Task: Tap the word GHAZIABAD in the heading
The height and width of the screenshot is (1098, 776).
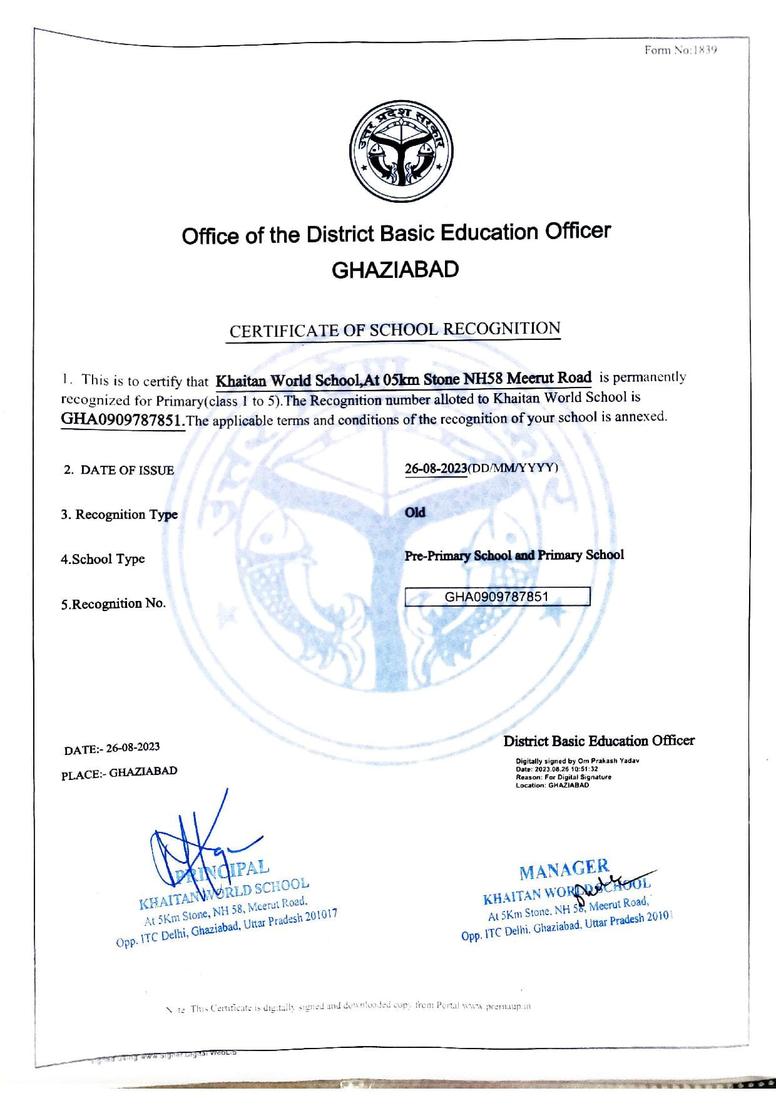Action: coord(395,270)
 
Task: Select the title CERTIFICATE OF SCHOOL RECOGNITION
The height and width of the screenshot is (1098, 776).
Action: coord(394,330)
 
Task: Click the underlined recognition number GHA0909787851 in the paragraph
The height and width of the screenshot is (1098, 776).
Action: coord(123,419)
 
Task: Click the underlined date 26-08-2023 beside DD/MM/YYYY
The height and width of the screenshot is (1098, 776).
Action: coord(436,468)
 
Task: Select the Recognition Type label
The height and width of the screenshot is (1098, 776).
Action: coord(120,515)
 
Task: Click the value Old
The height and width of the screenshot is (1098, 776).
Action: coord(415,513)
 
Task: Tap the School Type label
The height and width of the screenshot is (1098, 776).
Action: coord(103,559)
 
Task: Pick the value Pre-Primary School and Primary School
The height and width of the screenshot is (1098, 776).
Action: coord(514,555)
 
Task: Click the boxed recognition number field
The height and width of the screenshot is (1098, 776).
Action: coord(497,597)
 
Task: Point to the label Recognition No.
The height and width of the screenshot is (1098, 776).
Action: coord(113,603)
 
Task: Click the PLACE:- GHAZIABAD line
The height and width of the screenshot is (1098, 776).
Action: coord(119,773)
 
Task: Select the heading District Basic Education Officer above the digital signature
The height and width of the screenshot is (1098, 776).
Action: coord(599,741)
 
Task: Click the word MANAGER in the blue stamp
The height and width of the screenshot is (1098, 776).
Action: coord(563,869)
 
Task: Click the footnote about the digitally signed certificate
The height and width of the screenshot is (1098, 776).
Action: coord(348,1007)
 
